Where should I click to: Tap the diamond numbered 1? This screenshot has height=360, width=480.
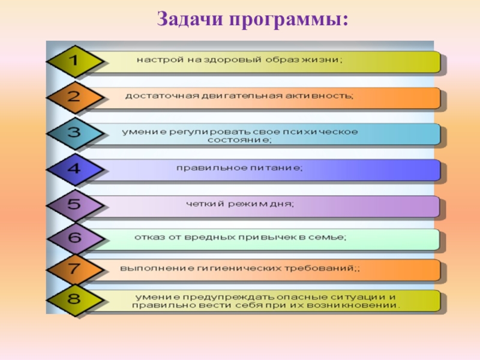[73, 61]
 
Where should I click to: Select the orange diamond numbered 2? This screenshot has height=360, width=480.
[73, 97]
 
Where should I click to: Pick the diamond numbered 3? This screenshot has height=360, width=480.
[73, 133]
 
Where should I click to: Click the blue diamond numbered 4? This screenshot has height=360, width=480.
[73, 169]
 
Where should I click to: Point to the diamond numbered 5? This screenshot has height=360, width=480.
[73, 205]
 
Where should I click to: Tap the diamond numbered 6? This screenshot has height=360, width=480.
[73, 238]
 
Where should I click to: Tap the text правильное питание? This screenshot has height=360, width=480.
[240, 168]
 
